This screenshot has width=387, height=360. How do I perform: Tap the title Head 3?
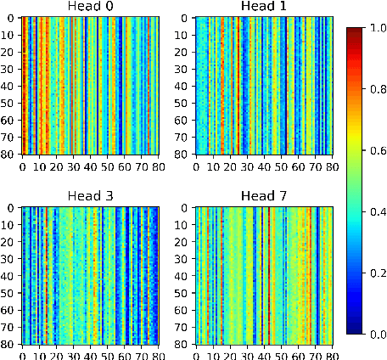[89, 197]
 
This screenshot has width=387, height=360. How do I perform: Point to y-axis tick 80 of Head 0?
[10, 154]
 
